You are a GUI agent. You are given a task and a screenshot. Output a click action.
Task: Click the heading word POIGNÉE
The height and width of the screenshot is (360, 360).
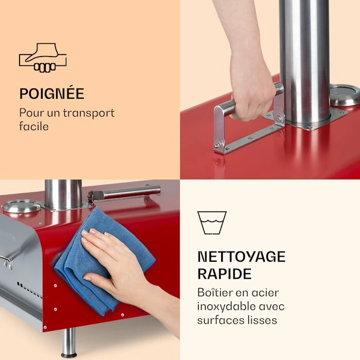(x=52, y=94)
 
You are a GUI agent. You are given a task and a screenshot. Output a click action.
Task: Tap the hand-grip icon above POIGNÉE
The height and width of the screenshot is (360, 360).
(x=43, y=58)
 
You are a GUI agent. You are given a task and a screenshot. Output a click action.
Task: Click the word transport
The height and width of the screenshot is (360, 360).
(x=89, y=113)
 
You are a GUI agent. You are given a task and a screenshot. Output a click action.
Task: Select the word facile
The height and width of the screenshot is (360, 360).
(x=34, y=126)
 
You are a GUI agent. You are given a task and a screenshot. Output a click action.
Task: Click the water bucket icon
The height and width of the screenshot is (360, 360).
(x=212, y=223)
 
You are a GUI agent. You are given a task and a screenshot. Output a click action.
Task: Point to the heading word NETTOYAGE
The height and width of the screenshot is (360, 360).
(x=242, y=257)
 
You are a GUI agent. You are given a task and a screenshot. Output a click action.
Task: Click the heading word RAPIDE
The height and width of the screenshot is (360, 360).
(x=225, y=274)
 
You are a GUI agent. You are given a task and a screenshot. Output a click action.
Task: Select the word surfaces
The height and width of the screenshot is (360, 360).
(x=218, y=320)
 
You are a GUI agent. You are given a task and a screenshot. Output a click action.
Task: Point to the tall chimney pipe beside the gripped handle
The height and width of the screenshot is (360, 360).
(x=304, y=62)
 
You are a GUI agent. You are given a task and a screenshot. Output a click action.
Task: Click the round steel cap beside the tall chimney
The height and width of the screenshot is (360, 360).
(x=345, y=95)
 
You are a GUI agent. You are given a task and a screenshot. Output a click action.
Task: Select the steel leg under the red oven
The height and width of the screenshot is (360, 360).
(x=68, y=343)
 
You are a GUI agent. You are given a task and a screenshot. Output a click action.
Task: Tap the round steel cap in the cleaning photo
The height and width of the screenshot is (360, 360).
(x=22, y=206)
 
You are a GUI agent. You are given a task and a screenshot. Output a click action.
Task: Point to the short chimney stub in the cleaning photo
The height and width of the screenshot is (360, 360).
(x=63, y=194)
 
